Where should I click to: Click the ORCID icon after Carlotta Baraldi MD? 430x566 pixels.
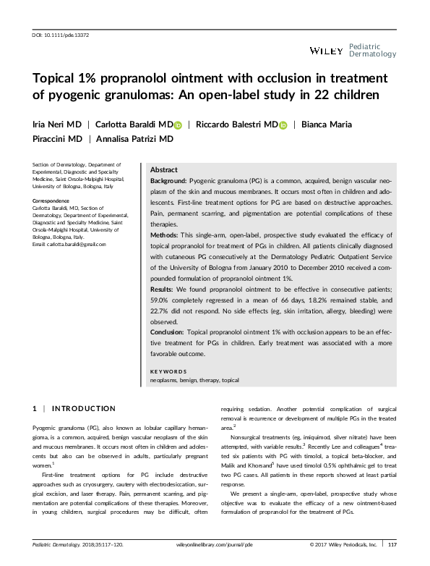click(x=179, y=124)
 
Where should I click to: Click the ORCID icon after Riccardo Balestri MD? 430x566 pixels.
click(x=283, y=124)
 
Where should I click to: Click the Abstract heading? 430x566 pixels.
click(x=163, y=168)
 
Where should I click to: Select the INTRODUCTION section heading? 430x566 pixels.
click(x=85, y=409)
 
